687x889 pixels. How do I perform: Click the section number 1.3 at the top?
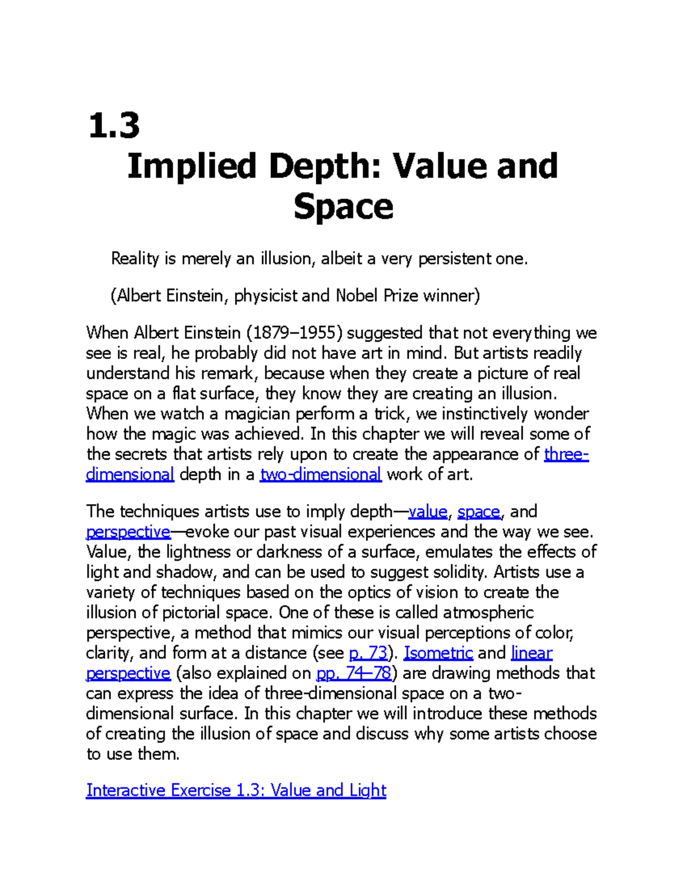(114, 126)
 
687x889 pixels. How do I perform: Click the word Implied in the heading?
(191, 167)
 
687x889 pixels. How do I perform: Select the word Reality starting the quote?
(135, 259)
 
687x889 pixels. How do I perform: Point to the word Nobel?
(357, 295)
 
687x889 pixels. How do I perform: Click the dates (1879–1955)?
(294, 333)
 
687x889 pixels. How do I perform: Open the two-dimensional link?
(321, 475)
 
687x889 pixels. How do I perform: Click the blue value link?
(427, 511)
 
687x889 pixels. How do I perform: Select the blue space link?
(479, 511)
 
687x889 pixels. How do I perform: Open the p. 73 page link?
(368, 653)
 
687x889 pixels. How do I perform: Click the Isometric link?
(438, 653)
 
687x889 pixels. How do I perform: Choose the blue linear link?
(531, 653)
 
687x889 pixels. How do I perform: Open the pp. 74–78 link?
(354, 673)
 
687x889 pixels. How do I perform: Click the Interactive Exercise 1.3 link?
(236, 791)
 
